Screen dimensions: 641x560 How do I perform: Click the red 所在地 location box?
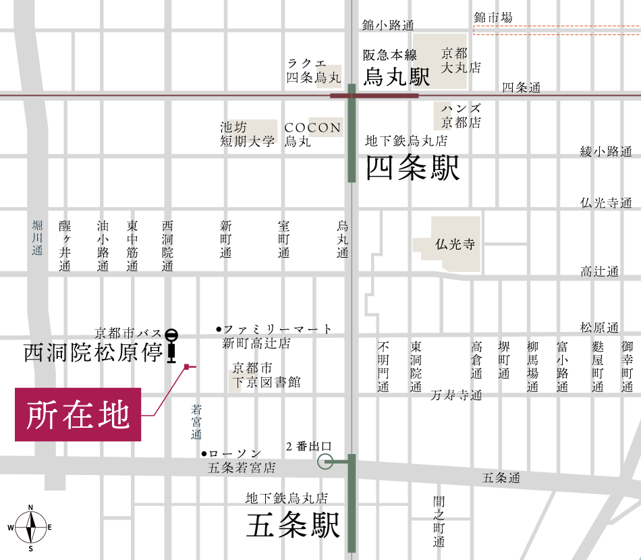pyautogui.click(x=78, y=414)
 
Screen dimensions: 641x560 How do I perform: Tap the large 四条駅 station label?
pyautogui.click(x=412, y=169)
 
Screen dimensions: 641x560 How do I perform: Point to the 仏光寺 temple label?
pyautogui.click(x=455, y=244)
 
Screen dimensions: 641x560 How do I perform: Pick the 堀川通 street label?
pyautogui.click(x=37, y=237)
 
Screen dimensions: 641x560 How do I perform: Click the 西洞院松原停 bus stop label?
pyautogui.click(x=92, y=353)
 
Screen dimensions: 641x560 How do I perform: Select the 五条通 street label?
pyautogui.click(x=501, y=478)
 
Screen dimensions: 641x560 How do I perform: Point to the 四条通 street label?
pyautogui.click(x=522, y=88)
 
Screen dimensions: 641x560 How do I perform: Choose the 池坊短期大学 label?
pyautogui.click(x=248, y=134)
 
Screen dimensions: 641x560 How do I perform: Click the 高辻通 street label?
pyautogui.click(x=599, y=271)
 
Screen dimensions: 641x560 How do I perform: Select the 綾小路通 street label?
pyautogui.click(x=605, y=151)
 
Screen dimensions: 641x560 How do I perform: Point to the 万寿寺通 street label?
pyautogui.click(x=456, y=395)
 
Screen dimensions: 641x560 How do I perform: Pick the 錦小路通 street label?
pyautogui.click(x=387, y=25)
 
